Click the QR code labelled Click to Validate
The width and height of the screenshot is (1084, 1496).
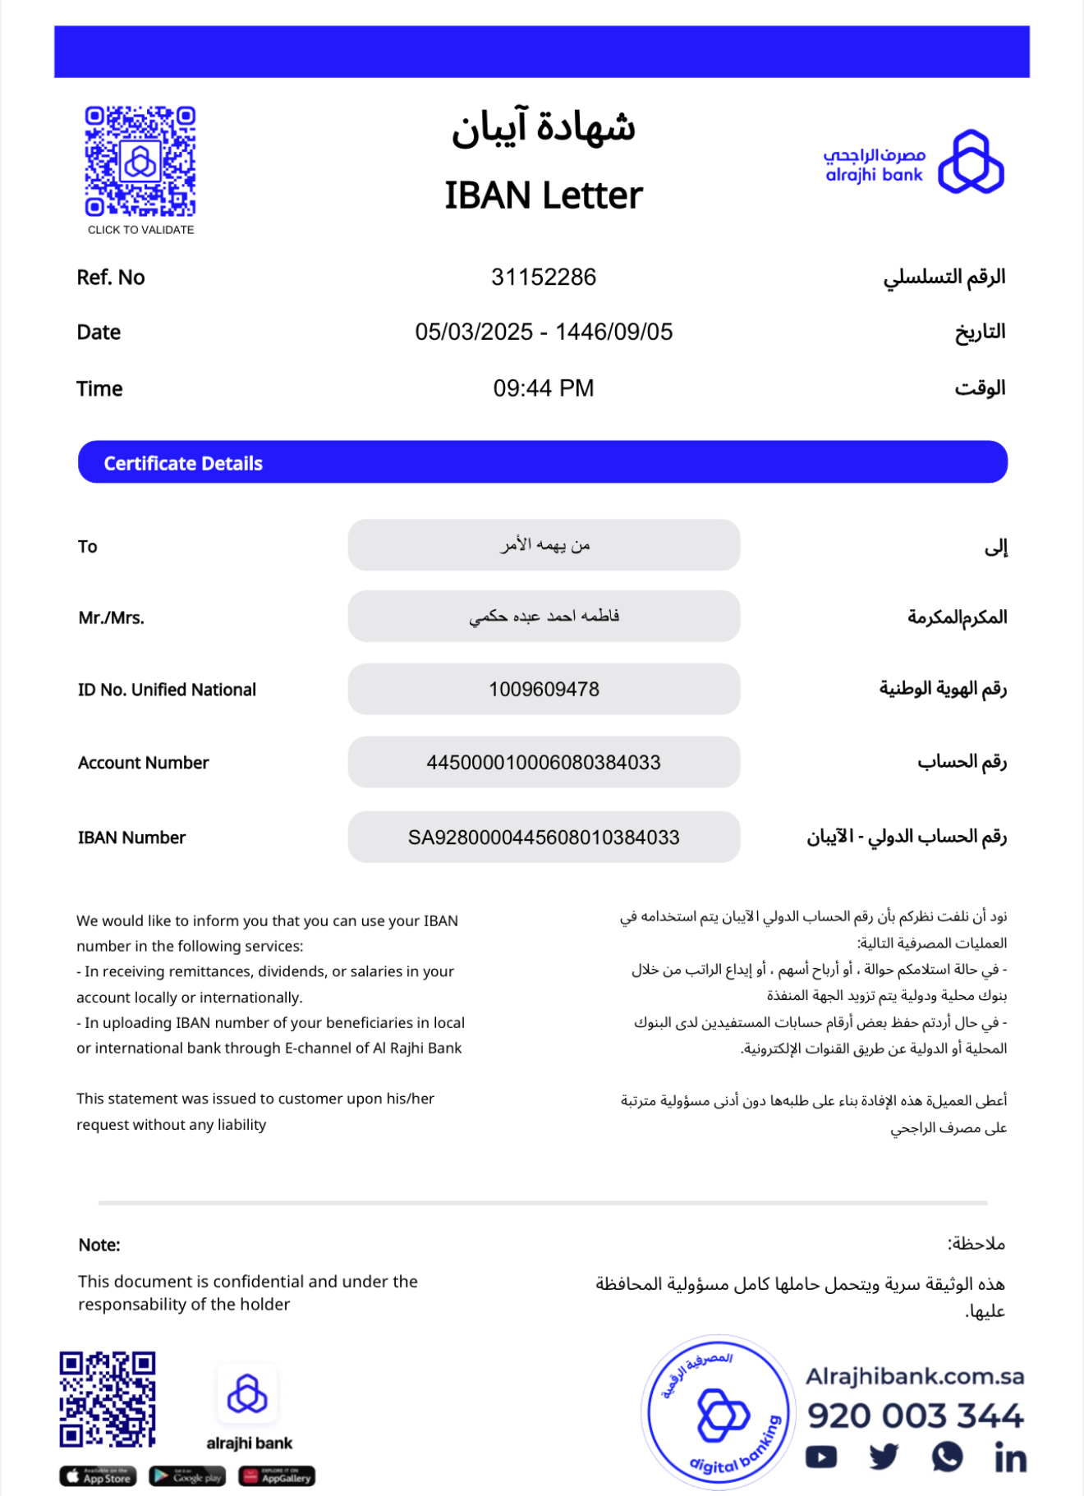(x=140, y=162)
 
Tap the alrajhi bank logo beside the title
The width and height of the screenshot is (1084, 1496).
(x=914, y=162)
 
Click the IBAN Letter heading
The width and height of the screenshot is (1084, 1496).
(x=543, y=195)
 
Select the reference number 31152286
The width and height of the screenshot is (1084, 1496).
(x=543, y=278)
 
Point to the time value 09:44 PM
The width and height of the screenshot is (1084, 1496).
(x=543, y=388)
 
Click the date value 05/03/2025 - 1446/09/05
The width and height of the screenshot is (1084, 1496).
(x=543, y=332)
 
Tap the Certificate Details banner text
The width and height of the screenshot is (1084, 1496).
(x=183, y=463)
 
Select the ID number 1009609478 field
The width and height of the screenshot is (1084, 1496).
(x=544, y=689)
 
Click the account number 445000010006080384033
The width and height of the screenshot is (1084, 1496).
(x=544, y=762)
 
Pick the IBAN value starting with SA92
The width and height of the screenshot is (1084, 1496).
(x=544, y=837)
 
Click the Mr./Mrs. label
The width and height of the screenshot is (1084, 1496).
(x=112, y=617)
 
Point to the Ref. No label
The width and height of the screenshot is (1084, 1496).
(x=111, y=278)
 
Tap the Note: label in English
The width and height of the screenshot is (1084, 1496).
(x=99, y=1245)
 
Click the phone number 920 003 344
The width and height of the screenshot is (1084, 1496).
(x=916, y=1416)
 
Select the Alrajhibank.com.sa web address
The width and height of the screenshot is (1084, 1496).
(x=915, y=1376)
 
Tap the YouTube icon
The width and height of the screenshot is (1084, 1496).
(x=821, y=1457)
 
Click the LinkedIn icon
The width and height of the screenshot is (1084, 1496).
(x=1010, y=1457)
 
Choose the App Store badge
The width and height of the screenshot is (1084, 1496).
(x=98, y=1476)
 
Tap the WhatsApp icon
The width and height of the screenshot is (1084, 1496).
(x=947, y=1457)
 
